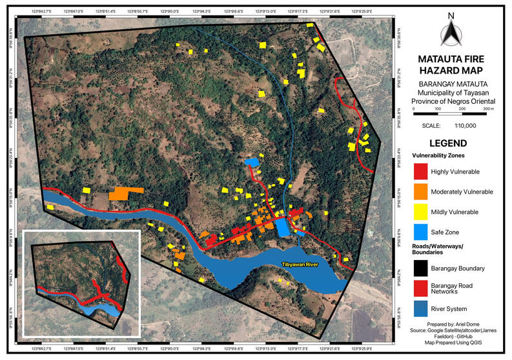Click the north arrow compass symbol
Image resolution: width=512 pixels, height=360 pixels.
(x=451, y=32)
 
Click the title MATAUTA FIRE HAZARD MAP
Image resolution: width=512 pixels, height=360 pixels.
(x=451, y=65)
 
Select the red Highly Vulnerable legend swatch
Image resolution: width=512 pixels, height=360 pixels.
(x=420, y=172)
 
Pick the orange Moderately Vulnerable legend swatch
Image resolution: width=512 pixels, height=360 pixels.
(x=420, y=192)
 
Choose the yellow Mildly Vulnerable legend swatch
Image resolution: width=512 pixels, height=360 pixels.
(x=420, y=212)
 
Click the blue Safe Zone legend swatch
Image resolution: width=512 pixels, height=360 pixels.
(x=420, y=232)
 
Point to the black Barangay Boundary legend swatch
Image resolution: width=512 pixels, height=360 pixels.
(x=420, y=268)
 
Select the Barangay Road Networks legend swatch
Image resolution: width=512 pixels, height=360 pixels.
(x=420, y=288)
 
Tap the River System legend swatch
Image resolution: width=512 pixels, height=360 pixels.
(x=420, y=308)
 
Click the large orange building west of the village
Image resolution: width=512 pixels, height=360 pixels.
(x=126, y=193)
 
